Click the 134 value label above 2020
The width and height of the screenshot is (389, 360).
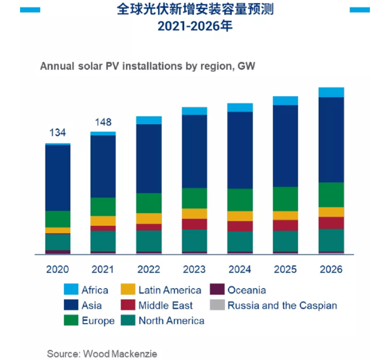pos(57,132)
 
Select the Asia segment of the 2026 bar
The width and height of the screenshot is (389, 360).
pos(331,140)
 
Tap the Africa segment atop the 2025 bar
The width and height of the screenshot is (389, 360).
pos(285,101)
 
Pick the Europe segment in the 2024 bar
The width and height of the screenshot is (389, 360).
pos(240,200)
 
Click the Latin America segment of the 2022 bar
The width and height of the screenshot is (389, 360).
pos(149,218)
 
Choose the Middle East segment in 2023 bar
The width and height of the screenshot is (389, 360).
pos(194,224)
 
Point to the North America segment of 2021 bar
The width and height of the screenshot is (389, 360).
pos(103,241)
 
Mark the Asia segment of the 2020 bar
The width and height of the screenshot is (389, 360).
pos(57,178)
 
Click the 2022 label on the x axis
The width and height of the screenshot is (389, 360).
pos(149,269)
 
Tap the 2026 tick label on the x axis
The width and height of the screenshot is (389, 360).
pos(331,269)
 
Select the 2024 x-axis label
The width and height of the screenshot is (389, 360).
pos(240,269)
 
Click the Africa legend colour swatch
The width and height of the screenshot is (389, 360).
pos(71,290)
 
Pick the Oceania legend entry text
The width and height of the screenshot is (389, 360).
pos(247,290)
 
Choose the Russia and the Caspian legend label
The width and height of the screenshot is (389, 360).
pos(282,306)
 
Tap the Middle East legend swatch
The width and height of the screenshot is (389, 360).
pos(128,306)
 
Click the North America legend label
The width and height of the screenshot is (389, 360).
pos(172,321)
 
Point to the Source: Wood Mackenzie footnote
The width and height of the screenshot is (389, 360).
pos(102,354)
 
